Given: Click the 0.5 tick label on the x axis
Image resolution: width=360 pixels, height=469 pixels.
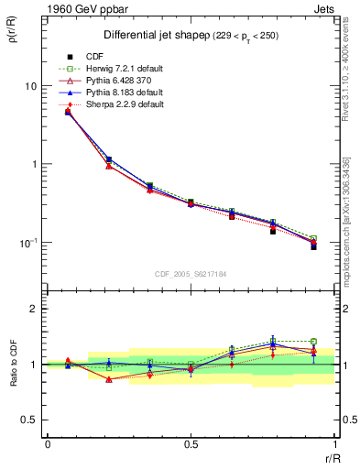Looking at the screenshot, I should tap(191, 445).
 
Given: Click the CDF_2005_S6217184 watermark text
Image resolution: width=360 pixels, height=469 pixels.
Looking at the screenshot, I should tap(191, 275).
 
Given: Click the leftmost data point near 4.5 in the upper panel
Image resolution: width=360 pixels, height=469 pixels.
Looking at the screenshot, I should tap(68, 112).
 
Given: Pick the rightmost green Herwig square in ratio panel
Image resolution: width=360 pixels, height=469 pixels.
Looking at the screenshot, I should tap(313, 342).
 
